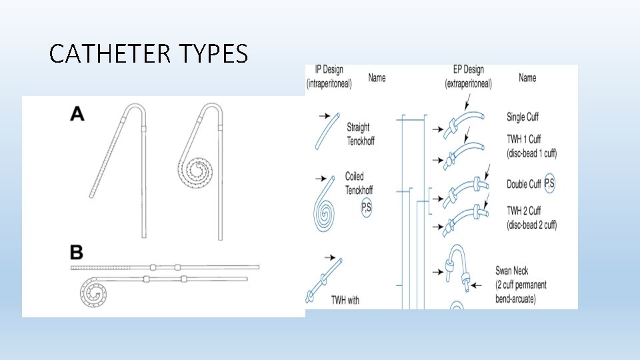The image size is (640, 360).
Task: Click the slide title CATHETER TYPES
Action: click(148, 53)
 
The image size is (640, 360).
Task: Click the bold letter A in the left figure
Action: click(77, 115)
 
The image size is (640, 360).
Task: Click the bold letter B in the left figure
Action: click(77, 253)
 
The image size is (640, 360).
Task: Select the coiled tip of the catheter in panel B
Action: click(95, 292)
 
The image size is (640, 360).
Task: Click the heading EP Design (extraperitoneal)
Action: click(468, 77)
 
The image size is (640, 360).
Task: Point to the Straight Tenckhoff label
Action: click(358, 134)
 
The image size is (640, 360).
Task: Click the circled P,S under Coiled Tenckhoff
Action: click(367, 207)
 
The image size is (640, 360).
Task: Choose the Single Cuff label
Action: click(522, 117)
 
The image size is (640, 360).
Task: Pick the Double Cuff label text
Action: click(524, 184)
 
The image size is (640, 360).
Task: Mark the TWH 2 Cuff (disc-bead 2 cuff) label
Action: click(531, 218)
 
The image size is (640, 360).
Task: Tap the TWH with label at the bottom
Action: click(345, 300)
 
